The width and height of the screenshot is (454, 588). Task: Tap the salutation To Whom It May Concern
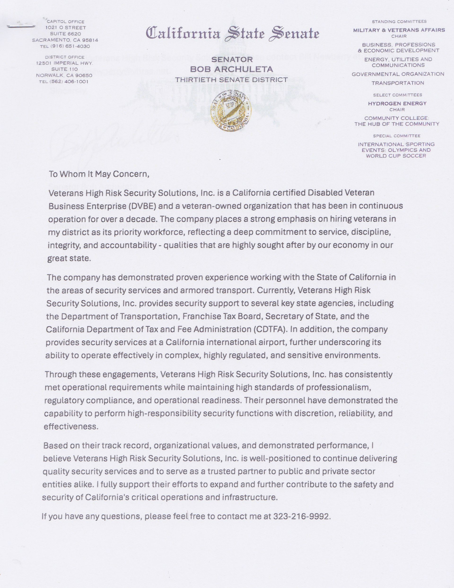[x=99, y=174]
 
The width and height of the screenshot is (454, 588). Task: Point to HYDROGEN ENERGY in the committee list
[x=397, y=103]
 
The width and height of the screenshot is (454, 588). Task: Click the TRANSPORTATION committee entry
[x=398, y=83]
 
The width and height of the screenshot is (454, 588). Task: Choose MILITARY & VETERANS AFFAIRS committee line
[x=399, y=30]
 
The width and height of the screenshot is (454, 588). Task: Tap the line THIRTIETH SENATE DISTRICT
[x=231, y=80]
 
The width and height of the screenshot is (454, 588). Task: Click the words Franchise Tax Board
[x=222, y=316]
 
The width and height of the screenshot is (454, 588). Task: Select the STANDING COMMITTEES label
[x=399, y=22]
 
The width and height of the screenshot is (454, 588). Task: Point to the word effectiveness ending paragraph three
[x=70, y=426]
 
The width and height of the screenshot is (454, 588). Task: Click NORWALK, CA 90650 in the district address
[x=64, y=75]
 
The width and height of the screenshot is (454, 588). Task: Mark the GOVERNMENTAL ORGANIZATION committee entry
[x=398, y=74]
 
